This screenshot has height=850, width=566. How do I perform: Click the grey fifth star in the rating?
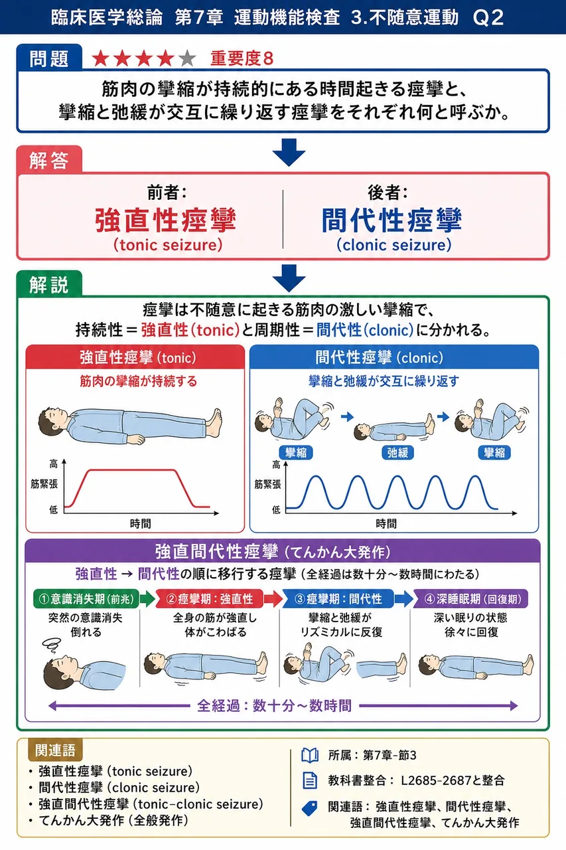tap(187, 58)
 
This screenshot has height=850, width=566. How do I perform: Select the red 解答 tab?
tap(49, 160)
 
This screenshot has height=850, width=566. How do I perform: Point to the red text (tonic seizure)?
tap(168, 245)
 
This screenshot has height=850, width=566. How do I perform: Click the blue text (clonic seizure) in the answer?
tap(394, 245)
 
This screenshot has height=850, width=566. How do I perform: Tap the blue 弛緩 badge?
tap(397, 453)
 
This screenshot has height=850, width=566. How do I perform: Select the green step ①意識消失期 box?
tap(86, 599)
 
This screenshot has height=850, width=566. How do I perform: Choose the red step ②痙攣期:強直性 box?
tap(210, 599)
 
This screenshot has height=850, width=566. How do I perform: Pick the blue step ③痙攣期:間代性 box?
tap(338, 599)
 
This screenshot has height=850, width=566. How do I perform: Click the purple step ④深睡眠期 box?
tap(470, 599)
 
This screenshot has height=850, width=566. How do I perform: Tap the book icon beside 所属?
tap(310, 756)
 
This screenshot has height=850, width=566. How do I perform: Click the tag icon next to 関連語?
tap(309, 808)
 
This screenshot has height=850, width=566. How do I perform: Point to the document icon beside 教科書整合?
tap(310, 780)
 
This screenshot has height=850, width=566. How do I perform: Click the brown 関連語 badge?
tap(55, 750)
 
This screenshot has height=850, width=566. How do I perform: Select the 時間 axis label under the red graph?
tap(140, 524)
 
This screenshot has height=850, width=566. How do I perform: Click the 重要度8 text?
tap(242, 58)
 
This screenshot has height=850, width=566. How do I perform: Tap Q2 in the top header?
tap(488, 17)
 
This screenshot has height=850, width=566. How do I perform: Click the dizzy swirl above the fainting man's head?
tap(52, 645)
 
